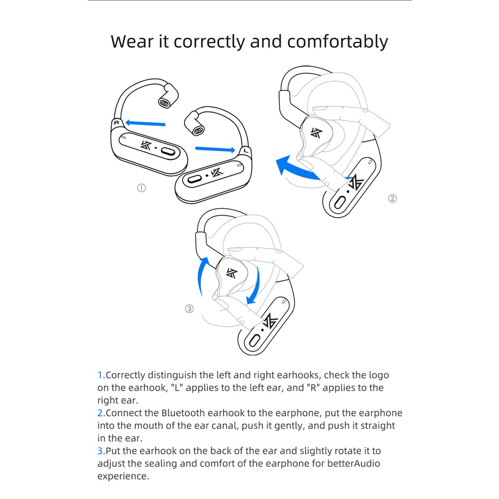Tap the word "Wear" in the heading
point(133,41)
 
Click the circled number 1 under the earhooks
point(141,188)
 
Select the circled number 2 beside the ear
point(392,198)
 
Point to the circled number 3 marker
point(189,309)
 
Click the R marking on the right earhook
point(116,123)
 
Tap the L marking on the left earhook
point(245,151)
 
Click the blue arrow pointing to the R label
point(146,124)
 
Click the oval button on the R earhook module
point(168,152)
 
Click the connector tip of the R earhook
point(165,102)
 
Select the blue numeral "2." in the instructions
point(101,413)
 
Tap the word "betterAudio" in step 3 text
point(352,464)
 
